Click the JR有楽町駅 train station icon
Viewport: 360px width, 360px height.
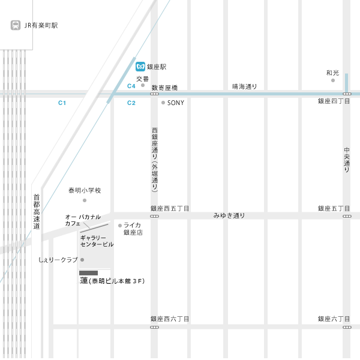(16, 26)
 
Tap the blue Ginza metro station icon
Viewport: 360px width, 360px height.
(140, 67)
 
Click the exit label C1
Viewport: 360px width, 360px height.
(62, 103)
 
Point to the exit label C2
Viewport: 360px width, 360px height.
(131, 103)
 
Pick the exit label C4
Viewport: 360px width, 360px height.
(131, 86)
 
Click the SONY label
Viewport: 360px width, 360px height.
(176, 103)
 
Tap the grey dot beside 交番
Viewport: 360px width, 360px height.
(143, 85)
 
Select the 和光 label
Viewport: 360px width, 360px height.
(332, 73)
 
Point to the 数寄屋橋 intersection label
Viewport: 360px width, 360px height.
(164, 88)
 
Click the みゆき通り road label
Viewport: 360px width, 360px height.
(229, 215)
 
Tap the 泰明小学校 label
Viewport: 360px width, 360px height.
(85, 191)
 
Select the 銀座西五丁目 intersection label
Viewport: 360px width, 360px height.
(170, 209)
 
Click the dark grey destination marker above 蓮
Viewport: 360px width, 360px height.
(88, 273)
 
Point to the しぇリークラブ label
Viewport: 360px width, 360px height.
(58, 260)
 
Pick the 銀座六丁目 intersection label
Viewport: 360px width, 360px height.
(334, 319)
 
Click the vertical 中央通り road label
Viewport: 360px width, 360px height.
(347, 160)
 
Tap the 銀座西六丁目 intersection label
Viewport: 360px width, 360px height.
(170, 319)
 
